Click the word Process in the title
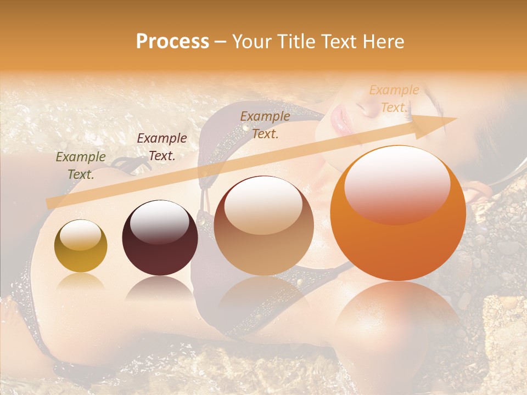(x=172, y=42)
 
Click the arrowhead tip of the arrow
(x=455, y=119)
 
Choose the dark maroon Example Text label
(x=162, y=147)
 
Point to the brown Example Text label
(x=265, y=125)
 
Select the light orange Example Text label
(x=394, y=99)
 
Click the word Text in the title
(x=341, y=42)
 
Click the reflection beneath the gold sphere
(x=81, y=282)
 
